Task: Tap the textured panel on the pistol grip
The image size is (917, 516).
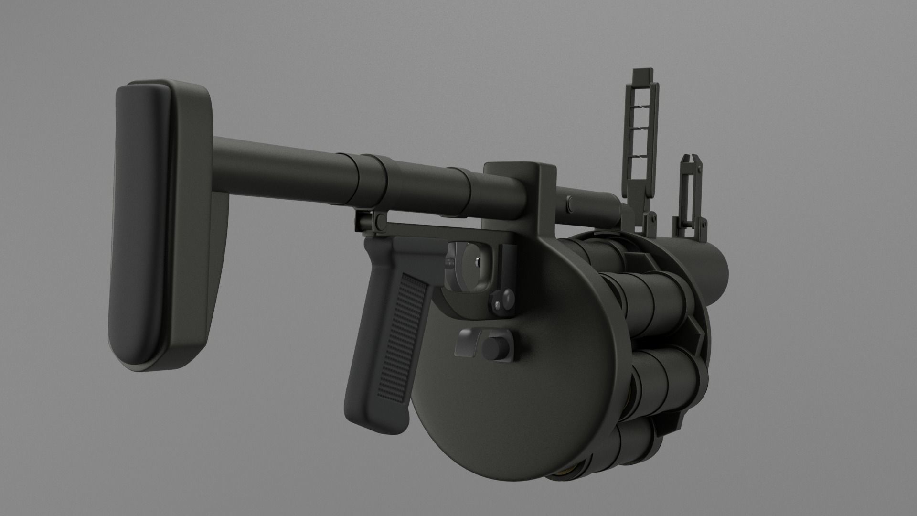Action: coord(396,334)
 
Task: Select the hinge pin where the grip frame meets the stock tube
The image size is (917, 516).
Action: coord(380,222)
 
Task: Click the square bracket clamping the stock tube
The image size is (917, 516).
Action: coord(521,191)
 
